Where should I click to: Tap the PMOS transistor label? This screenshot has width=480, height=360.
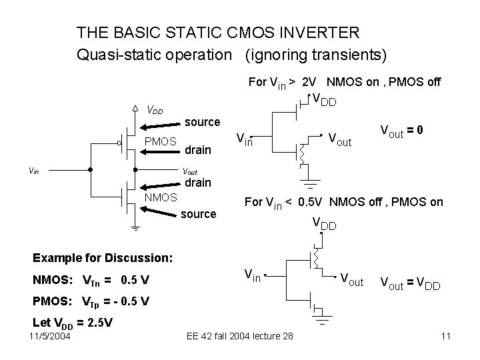click(160, 141)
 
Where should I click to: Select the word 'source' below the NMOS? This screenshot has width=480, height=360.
click(199, 214)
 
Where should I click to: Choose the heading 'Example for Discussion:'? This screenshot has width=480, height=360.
click(103, 257)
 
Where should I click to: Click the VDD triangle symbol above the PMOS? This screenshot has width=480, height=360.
click(135, 108)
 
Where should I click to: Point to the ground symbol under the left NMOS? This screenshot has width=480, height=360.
click(135, 229)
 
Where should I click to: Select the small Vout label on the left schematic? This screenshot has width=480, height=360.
click(190, 171)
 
